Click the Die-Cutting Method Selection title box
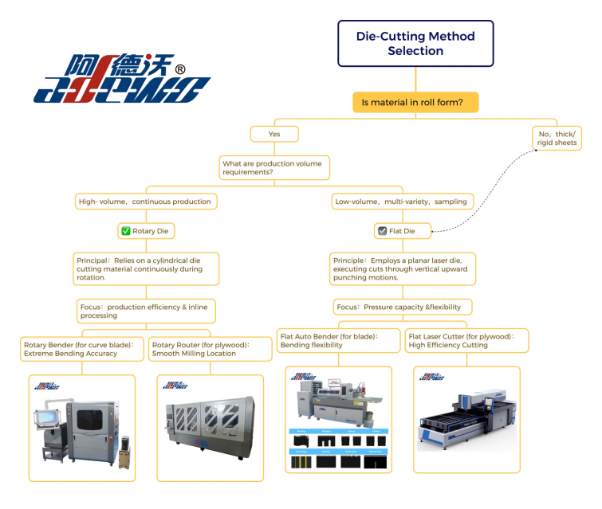(x=415, y=43)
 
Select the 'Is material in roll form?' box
(x=415, y=102)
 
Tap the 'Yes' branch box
(x=274, y=134)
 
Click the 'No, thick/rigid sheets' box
(x=557, y=137)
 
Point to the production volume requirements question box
(x=274, y=167)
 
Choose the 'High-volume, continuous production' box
(x=145, y=202)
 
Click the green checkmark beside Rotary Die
(x=125, y=231)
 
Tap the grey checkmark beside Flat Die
(x=382, y=231)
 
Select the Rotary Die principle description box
(x=145, y=268)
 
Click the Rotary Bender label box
(x=84, y=348)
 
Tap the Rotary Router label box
(x=205, y=348)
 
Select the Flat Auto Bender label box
(x=338, y=341)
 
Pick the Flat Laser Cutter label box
(x=466, y=341)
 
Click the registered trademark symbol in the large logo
(x=180, y=69)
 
